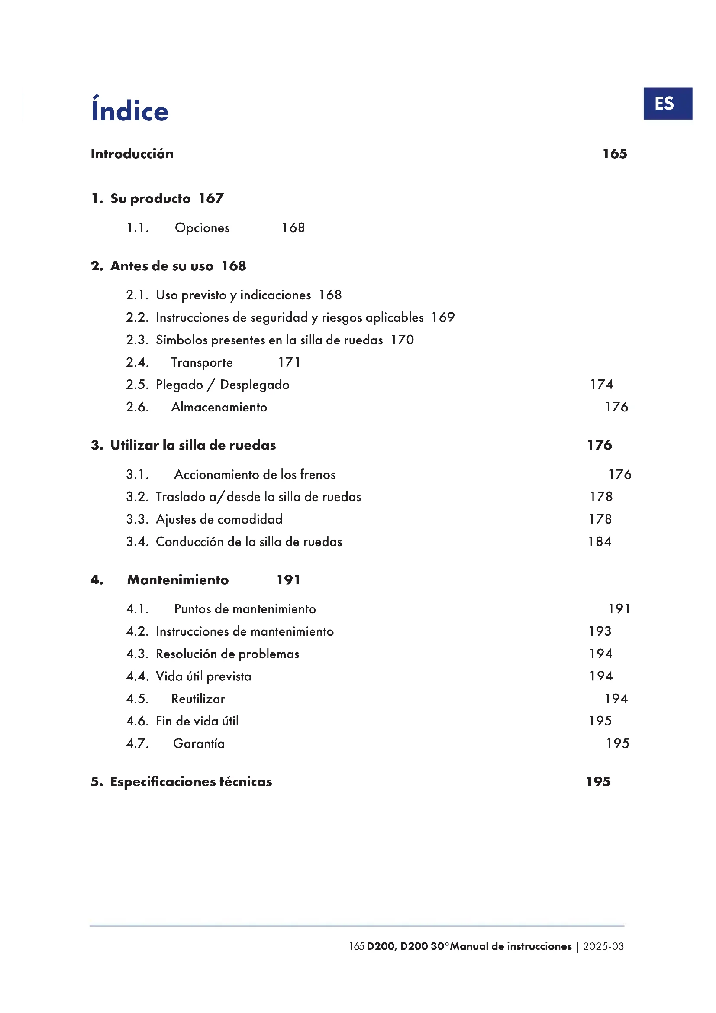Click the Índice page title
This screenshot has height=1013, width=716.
pos(129,110)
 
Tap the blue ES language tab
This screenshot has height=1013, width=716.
pos(667,104)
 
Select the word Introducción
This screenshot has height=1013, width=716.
pos(132,154)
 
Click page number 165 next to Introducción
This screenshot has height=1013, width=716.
pos(615,154)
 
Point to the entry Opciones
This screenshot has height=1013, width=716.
pos(202,228)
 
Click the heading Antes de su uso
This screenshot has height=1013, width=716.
pos(162,266)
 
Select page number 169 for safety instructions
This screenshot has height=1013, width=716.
pos(443,317)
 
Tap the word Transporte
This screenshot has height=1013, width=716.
pos(201,362)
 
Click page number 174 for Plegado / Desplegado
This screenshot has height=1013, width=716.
pos(601,384)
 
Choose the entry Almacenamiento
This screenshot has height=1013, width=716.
pos(219,407)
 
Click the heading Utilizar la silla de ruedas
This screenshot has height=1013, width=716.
pos(193,445)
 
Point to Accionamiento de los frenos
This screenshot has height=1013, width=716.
pos(255,474)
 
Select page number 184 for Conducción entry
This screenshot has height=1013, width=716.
pos(600,541)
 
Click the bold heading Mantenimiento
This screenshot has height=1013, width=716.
pos(177,580)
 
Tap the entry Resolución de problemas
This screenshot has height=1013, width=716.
pos(227,654)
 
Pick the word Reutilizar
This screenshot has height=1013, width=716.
pos(198,699)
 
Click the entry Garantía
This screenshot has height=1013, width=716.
pos(199,744)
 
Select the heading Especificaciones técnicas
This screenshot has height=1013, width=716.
pos(191,782)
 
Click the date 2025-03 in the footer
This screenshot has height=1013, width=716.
pos(603,946)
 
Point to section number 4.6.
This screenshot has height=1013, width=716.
pos(137,721)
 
